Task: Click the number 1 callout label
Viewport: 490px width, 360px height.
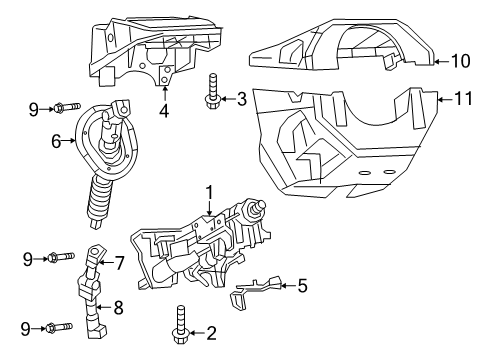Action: point(210,190)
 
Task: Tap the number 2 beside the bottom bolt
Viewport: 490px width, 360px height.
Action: point(210,333)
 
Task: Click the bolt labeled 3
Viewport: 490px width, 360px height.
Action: point(213,89)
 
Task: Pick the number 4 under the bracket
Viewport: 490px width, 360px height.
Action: point(164,113)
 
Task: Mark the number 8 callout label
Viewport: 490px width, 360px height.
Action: point(118,307)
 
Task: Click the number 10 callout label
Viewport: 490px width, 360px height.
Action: point(460,61)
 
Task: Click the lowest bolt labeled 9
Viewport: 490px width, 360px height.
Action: point(59,327)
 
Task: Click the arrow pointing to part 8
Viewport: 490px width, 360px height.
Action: point(104,306)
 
